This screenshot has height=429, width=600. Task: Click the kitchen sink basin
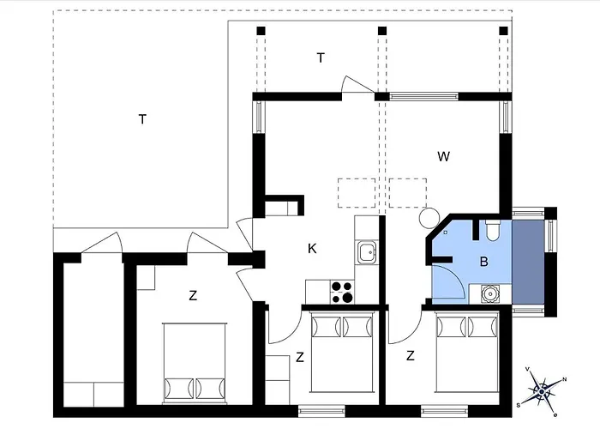(x=367, y=252)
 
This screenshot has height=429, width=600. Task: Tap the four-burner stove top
(x=342, y=292)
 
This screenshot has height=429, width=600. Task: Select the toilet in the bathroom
(x=493, y=230)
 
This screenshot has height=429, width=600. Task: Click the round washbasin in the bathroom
(x=489, y=293)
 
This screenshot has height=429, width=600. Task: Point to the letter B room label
(x=484, y=262)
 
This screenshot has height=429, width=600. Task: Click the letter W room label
(x=443, y=156)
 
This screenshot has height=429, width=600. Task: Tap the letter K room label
(x=312, y=249)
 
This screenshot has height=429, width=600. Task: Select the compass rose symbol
(x=542, y=391)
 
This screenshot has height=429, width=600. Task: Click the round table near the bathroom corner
(x=429, y=218)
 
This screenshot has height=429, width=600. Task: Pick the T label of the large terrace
(x=142, y=119)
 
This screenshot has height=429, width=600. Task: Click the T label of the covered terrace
(x=321, y=57)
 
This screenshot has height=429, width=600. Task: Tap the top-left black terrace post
(x=261, y=31)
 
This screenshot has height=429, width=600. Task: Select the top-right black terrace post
(x=504, y=31)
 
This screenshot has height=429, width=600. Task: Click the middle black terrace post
(x=382, y=31)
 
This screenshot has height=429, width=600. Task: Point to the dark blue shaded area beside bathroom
(x=528, y=263)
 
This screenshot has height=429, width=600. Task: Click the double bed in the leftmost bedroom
(x=195, y=363)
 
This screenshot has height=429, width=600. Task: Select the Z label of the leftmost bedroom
(x=193, y=296)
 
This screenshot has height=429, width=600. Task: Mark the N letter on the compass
(x=564, y=379)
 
